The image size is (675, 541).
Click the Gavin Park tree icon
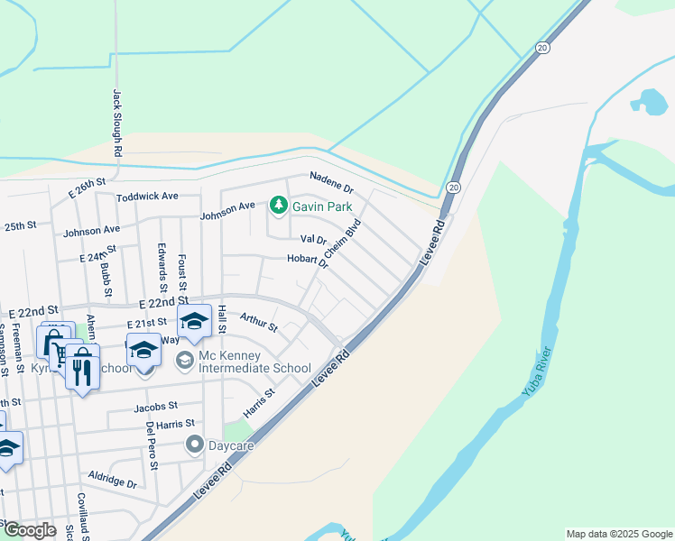[279, 206]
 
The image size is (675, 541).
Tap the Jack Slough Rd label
[117, 122]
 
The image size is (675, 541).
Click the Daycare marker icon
[194, 444]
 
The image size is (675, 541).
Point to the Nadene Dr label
[331, 181]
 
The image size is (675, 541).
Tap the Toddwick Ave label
[148, 196]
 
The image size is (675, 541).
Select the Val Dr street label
[312, 240]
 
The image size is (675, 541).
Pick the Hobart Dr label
[308, 261]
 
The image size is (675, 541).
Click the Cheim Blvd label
[343, 239]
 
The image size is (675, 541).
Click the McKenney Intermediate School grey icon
[185, 361]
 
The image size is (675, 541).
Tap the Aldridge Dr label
[112, 478]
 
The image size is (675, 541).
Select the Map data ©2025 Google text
[618, 534]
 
